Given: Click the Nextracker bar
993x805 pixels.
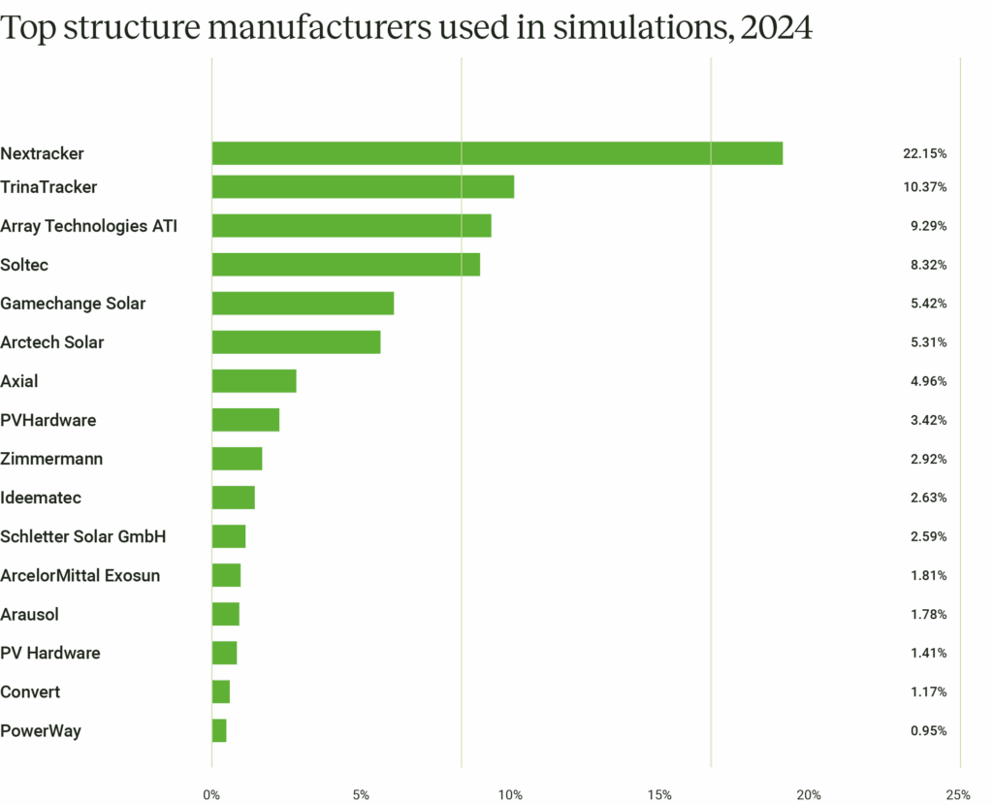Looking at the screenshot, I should coord(497,153).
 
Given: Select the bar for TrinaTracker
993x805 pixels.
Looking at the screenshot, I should coord(364,186).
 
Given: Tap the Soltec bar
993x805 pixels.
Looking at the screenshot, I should coord(346,265).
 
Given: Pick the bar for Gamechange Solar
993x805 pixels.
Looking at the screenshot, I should coord(304,304).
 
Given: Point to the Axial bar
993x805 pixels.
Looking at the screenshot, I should coord(254,381).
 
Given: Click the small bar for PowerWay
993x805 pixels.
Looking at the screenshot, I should coord(219,730).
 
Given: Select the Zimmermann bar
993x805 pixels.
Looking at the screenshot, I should coord(238,459).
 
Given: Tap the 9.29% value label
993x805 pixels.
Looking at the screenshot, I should coord(928,226).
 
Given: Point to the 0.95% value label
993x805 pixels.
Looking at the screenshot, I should coord(928,731).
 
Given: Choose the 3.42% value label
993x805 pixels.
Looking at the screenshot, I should coord(928,421).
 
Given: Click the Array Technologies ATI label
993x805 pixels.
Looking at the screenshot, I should coord(89,226).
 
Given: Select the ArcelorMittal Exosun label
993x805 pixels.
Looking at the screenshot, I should coord(80,575).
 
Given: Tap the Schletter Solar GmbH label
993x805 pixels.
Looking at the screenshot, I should coord(83,536).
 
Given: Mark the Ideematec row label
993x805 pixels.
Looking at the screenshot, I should coord(41,498).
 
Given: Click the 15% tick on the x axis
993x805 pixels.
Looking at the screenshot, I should coord(658,795).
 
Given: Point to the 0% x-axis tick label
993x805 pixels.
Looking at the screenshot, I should coord(211,795).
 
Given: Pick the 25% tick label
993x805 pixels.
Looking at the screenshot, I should coord(957,795).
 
